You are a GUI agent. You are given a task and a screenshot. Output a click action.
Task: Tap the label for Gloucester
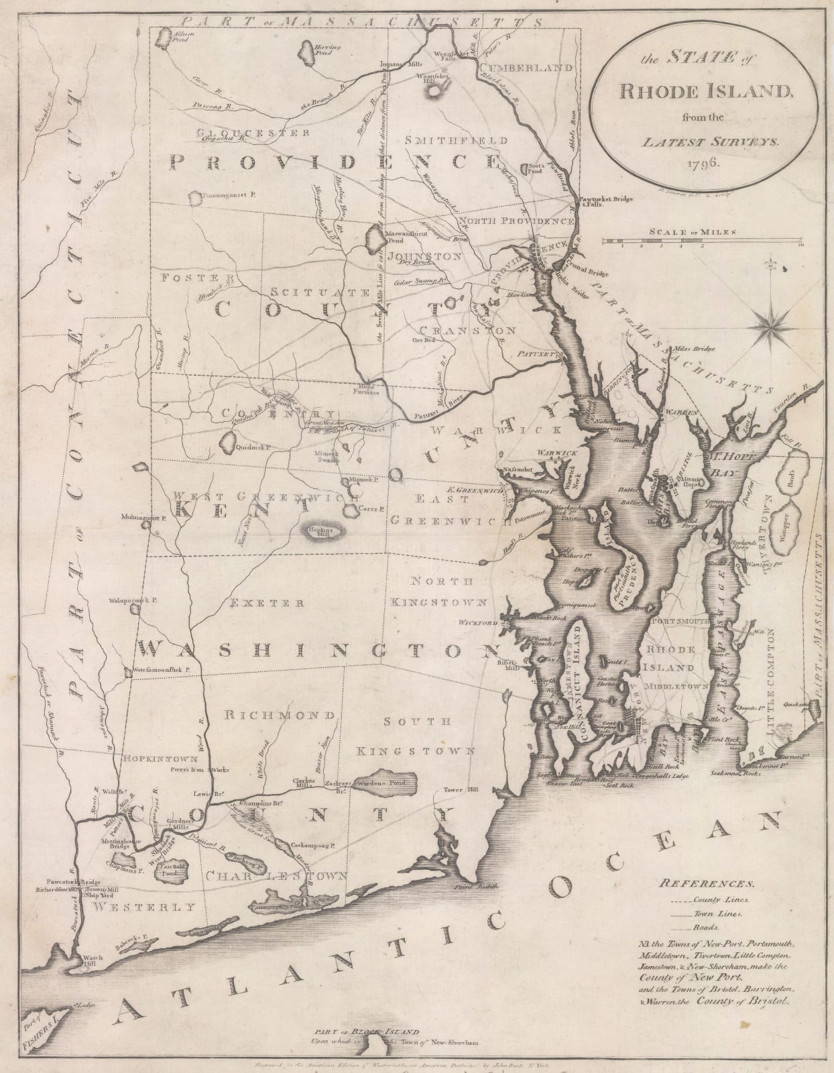(x=253, y=133)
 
